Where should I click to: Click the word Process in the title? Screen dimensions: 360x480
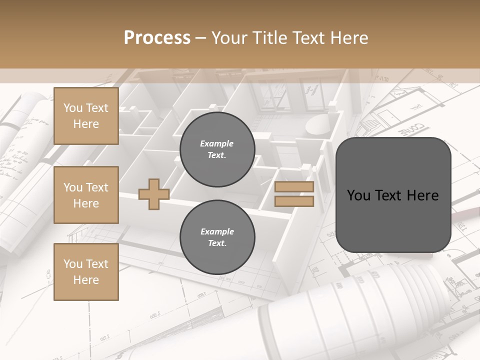[157, 38]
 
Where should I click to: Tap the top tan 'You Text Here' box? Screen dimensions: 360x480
[86, 116]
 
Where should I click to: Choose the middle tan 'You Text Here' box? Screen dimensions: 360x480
[86, 195]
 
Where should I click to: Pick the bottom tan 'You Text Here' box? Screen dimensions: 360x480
[86, 272]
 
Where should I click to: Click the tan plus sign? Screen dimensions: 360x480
[154, 194]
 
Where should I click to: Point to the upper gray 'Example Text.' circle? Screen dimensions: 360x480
[217, 149]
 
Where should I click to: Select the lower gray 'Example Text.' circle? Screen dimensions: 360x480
[217, 237]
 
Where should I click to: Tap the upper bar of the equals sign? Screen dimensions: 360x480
[294, 187]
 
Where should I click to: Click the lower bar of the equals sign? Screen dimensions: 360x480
[294, 201]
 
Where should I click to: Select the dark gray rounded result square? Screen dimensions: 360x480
[393, 195]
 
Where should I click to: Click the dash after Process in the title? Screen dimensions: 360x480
[201, 38]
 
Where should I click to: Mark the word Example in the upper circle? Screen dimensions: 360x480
[217, 143]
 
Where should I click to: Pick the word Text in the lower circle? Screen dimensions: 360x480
[217, 243]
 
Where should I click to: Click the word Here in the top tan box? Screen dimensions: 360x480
[86, 124]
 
